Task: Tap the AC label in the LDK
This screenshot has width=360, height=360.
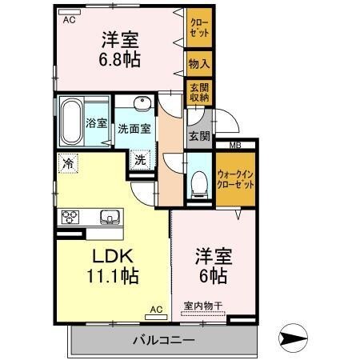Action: [155, 309]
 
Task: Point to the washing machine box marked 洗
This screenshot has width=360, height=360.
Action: [140, 158]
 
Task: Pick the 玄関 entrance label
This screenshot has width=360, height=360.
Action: [198, 136]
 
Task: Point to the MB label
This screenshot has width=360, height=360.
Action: [235, 145]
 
